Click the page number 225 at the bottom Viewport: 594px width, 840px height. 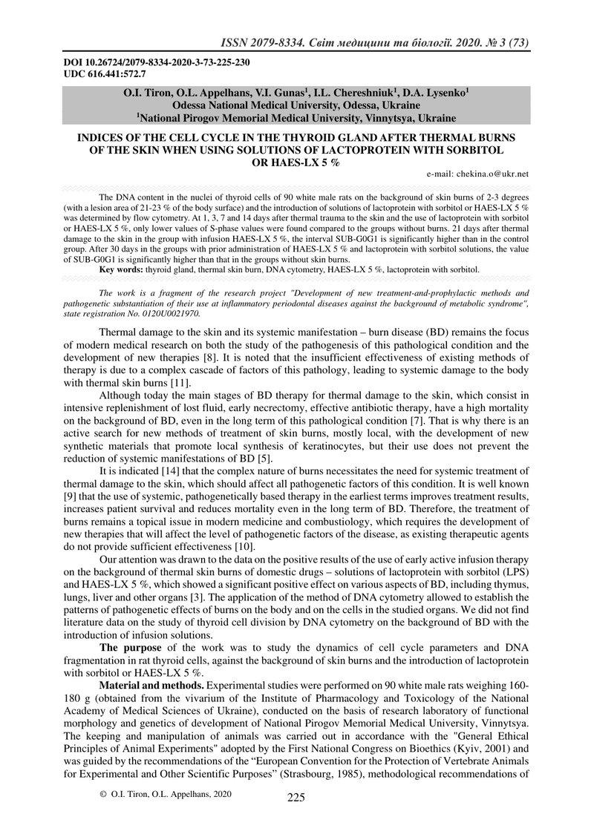click(x=296, y=798)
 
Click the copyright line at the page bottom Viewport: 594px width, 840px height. click(x=166, y=794)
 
